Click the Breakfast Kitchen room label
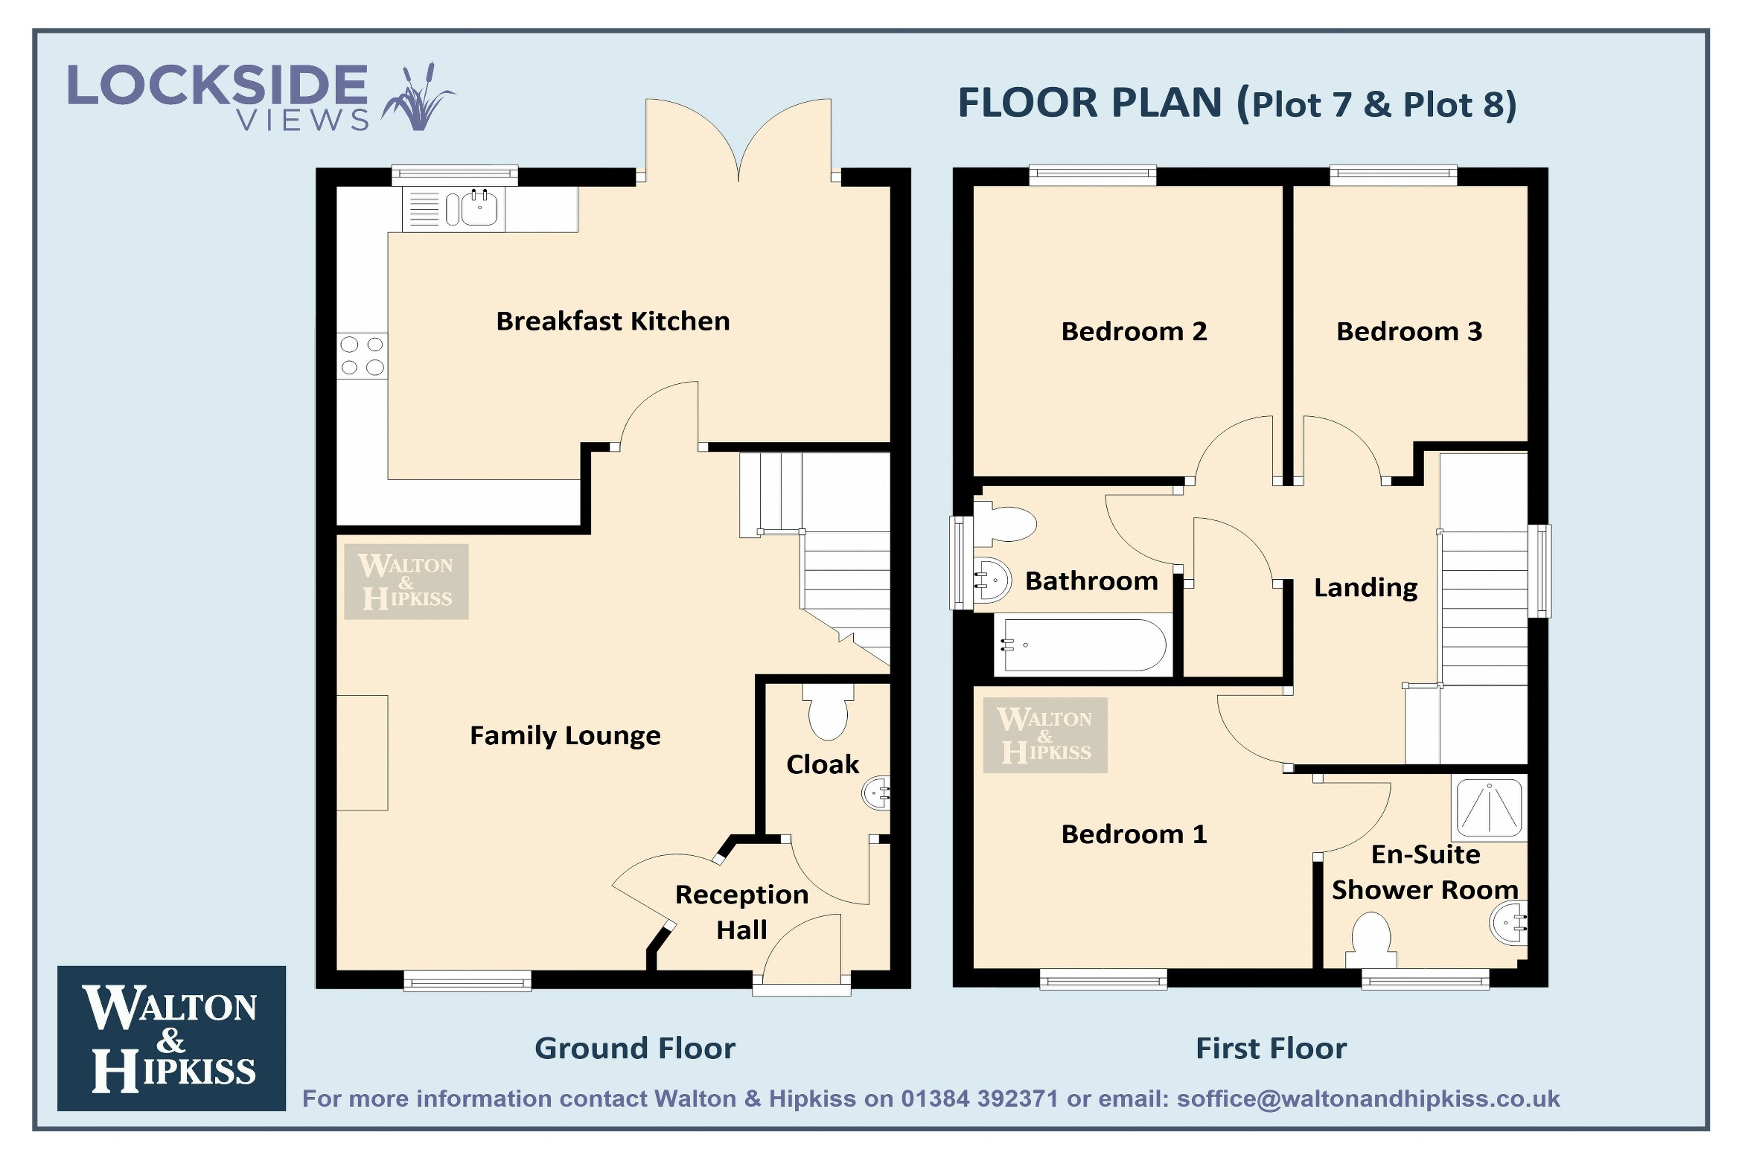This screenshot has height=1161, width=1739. click(x=613, y=322)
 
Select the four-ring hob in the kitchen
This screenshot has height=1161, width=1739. click(x=362, y=356)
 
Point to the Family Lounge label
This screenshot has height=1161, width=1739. click(x=565, y=736)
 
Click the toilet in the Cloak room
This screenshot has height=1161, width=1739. click(x=828, y=711)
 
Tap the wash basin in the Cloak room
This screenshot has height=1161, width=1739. click(x=876, y=793)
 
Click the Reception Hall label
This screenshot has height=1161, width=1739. click(x=741, y=912)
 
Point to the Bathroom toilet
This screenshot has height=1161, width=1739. click(x=1005, y=522)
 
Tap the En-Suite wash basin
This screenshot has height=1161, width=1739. click(x=1508, y=923)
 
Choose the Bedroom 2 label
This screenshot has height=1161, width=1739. click(x=1134, y=331)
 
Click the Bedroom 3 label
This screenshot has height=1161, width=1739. click(x=1409, y=331)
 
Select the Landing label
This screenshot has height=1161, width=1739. click(x=1365, y=588)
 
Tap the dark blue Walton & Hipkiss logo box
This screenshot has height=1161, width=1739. click(x=171, y=1038)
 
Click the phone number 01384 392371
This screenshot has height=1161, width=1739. click(x=980, y=1098)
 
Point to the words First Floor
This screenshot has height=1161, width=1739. click(x=1271, y=1048)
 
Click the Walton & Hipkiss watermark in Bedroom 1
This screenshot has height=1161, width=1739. click(x=1045, y=735)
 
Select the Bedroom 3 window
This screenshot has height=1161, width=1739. click(x=1393, y=176)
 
